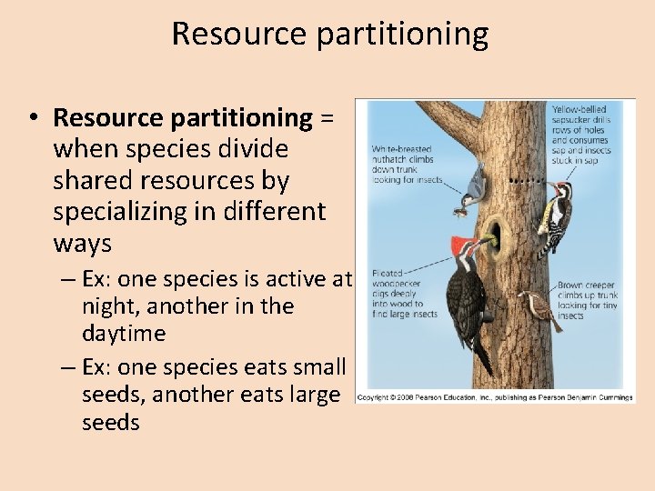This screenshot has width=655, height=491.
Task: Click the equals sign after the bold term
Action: pos(326,118)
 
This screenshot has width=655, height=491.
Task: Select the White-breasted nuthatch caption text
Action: pos(406,165)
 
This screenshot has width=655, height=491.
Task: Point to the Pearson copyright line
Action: pos(494,397)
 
